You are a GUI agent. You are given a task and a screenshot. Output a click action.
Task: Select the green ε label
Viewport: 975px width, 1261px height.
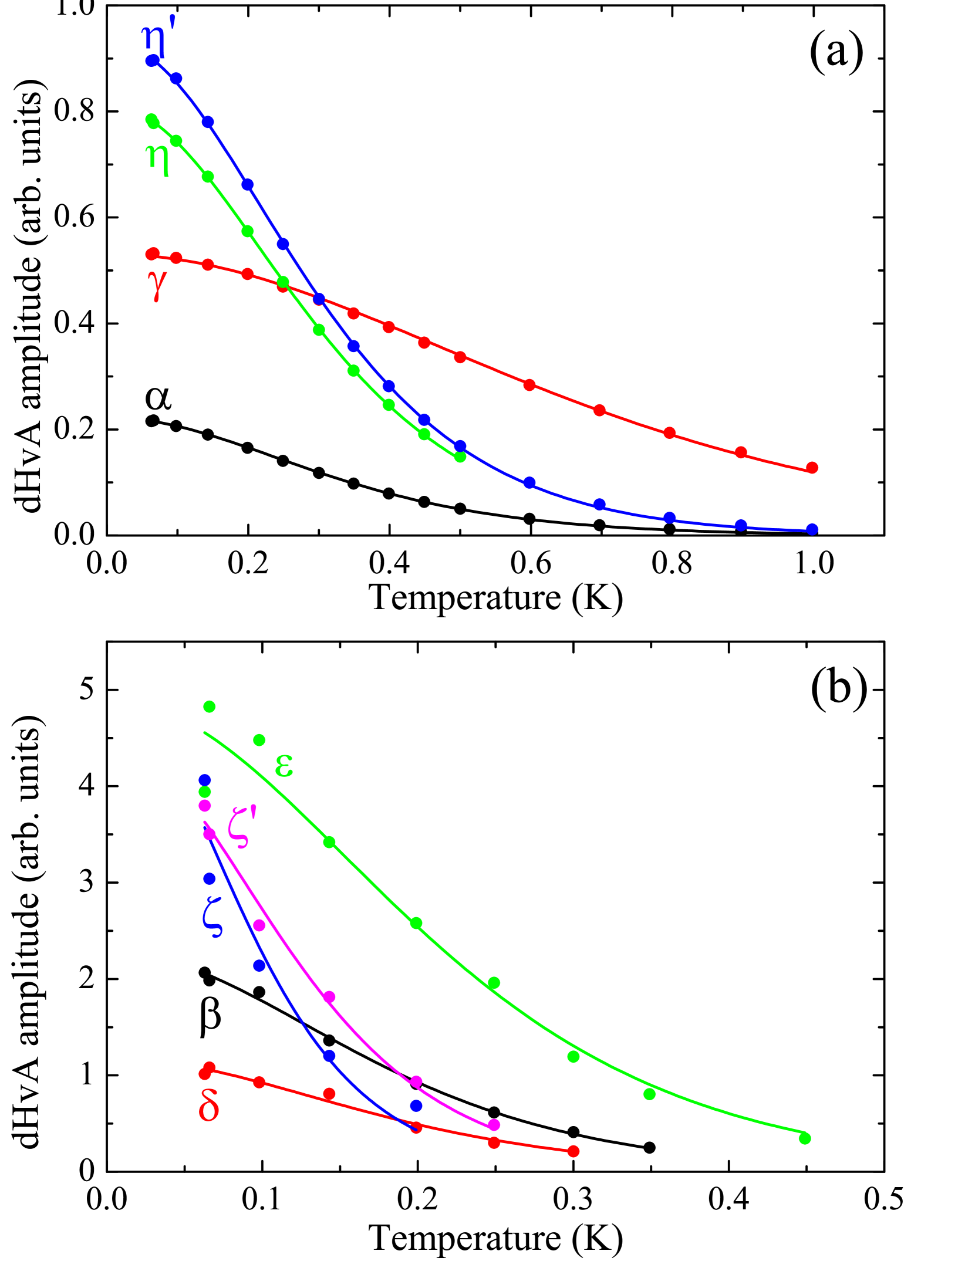point(284,766)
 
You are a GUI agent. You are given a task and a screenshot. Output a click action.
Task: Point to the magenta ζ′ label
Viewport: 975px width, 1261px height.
point(242,827)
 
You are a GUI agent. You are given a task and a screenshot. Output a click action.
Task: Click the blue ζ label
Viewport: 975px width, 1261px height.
point(212,918)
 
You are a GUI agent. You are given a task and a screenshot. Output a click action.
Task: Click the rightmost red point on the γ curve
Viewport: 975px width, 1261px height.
point(812,468)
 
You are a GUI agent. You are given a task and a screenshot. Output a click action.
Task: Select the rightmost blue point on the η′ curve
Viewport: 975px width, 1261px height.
point(812,529)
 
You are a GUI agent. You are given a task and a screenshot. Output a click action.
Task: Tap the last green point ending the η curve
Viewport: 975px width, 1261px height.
point(460,457)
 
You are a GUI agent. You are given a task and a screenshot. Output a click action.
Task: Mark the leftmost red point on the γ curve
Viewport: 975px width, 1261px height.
point(152,253)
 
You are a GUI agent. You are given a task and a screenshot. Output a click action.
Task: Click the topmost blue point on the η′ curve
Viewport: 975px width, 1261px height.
point(152,60)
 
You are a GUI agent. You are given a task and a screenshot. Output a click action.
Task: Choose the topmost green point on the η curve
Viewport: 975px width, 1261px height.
point(151,120)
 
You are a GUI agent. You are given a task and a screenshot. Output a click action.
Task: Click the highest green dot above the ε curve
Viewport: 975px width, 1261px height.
point(210,706)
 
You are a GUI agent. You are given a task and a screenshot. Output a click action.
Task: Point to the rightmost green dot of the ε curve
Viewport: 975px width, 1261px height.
point(805,1138)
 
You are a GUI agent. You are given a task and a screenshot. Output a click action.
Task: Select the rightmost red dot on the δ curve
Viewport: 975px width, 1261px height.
point(573,1151)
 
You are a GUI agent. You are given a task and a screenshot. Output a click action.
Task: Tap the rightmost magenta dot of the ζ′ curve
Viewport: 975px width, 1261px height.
point(494,1125)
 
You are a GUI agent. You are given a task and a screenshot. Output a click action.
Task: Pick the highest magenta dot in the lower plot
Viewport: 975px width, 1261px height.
point(205,806)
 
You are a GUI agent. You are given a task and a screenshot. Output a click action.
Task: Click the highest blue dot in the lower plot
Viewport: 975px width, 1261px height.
point(205,780)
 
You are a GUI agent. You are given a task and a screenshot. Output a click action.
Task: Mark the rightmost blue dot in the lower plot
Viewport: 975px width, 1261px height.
point(416,1106)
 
